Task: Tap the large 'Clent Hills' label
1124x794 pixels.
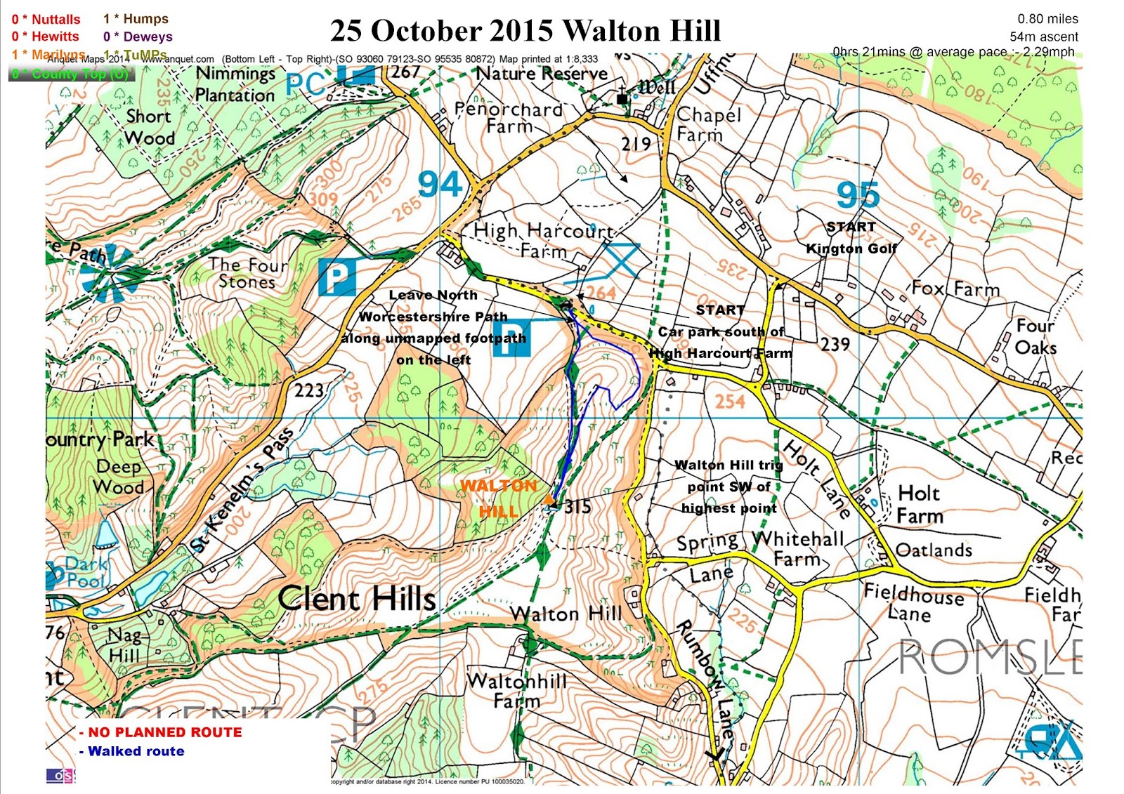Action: pyautogui.click(x=356, y=599)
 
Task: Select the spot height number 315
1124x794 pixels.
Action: pyautogui.click(x=577, y=507)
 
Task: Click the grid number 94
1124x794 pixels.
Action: pyautogui.click(x=440, y=185)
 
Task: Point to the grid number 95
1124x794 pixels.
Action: pyautogui.click(x=858, y=195)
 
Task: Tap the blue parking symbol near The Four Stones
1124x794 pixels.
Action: pyautogui.click(x=336, y=277)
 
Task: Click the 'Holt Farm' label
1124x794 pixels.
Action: pyautogui.click(x=920, y=505)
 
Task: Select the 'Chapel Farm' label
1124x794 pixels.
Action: pyautogui.click(x=708, y=124)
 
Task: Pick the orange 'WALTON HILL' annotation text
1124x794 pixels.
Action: pyautogui.click(x=499, y=498)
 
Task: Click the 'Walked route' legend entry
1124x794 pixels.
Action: pyautogui.click(x=136, y=751)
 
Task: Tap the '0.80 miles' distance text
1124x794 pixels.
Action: pyautogui.click(x=1047, y=19)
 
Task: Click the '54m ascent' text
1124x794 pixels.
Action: pyautogui.click(x=1044, y=37)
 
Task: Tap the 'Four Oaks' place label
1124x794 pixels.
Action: pyautogui.click(x=1035, y=336)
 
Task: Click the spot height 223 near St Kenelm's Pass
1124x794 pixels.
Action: pyautogui.click(x=309, y=390)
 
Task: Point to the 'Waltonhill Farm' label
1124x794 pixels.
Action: pyautogui.click(x=516, y=690)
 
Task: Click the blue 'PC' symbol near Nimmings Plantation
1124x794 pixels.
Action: pyautogui.click(x=306, y=85)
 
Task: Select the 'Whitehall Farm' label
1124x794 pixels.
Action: pyautogui.click(x=798, y=548)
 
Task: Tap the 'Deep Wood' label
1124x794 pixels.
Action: pyautogui.click(x=119, y=477)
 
